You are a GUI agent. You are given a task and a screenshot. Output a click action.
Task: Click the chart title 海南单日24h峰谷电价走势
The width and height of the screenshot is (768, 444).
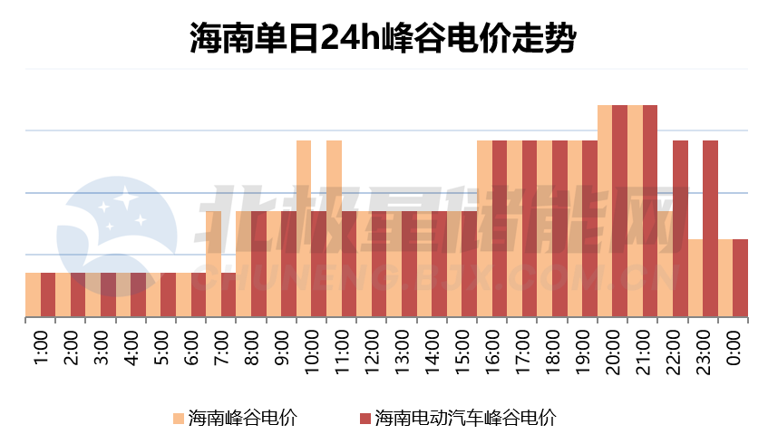point(384,38)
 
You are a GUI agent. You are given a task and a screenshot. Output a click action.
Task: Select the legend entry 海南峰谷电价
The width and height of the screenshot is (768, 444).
point(242,418)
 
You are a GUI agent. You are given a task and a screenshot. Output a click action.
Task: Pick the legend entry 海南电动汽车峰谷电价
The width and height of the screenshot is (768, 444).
point(464,418)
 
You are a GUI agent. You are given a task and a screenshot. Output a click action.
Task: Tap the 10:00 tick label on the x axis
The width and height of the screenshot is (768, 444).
point(312,349)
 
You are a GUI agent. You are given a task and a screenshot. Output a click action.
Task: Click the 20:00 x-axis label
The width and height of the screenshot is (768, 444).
point(613,349)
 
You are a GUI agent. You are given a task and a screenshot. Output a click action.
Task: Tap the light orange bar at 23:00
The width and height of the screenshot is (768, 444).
point(695,278)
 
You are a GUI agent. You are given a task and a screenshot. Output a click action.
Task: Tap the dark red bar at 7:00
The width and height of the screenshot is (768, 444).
point(228,295)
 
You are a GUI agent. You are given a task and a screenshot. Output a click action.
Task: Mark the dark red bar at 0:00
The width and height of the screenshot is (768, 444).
point(741,278)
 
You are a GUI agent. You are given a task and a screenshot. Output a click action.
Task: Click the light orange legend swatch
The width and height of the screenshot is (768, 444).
point(178,419)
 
